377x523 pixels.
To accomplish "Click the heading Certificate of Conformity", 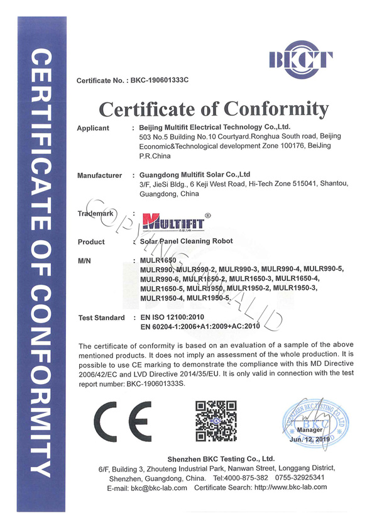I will point(214,109).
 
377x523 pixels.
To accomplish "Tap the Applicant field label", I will point(93,128).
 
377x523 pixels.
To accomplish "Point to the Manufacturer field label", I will point(99,175).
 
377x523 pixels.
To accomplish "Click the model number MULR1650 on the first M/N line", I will point(158,260).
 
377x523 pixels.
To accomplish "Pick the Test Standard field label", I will point(101,318).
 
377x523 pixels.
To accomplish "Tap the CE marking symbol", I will point(122,418).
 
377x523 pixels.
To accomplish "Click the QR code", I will point(216,419).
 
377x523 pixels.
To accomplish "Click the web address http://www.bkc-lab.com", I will point(298,488).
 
